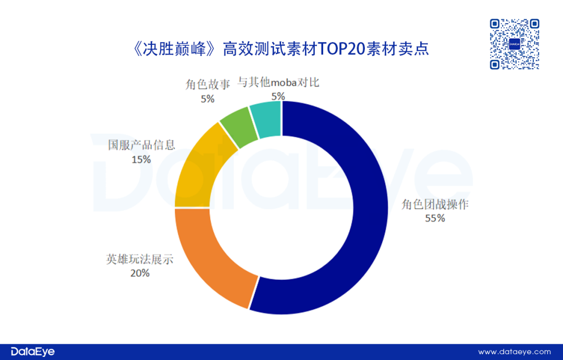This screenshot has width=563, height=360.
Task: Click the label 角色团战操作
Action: tap(435, 205)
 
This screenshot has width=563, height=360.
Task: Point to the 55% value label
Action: tap(435, 219)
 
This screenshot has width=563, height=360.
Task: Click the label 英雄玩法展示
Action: tap(140, 259)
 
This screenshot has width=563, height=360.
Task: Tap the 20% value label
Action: tap(140, 273)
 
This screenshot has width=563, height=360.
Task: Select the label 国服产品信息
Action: tap(141, 145)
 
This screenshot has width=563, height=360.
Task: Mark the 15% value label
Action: tap(141, 159)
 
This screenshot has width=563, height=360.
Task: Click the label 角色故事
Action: tap(207, 85)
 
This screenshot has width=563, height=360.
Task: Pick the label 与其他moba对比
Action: tap(278, 82)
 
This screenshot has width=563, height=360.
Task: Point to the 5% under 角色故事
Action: tap(207, 99)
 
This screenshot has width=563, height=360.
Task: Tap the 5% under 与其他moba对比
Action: tap(278, 96)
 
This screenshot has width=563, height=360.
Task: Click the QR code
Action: tap(514, 44)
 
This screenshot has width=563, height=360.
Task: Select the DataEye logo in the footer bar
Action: tap(29, 351)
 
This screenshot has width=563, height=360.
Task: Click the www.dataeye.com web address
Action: tap(515, 352)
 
